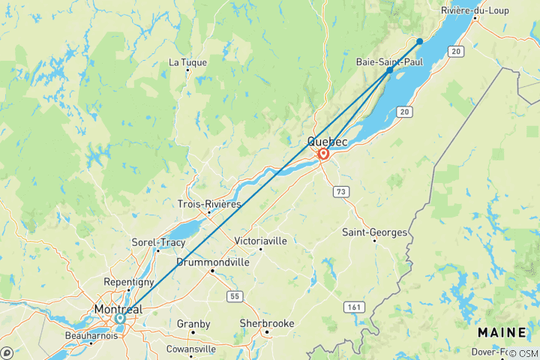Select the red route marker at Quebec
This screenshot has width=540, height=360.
click(x=323, y=154)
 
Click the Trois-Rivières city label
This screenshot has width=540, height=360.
click(x=209, y=204)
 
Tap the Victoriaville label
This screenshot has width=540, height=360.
click(x=260, y=241)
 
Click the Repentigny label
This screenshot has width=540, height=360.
click(x=129, y=281)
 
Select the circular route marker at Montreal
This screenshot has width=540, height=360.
click(x=120, y=318)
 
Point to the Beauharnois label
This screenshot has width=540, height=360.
click(x=91, y=335)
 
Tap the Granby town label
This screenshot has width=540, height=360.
click(x=193, y=324)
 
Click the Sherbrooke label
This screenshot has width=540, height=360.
click(x=265, y=323)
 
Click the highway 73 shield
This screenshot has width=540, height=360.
click(x=342, y=193)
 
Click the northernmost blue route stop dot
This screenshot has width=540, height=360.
click(x=420, y=41)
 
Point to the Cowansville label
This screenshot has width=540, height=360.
click(x=190, y=349)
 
